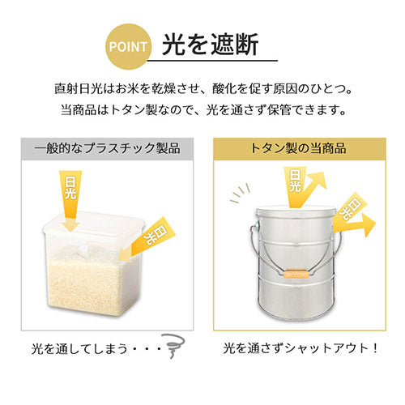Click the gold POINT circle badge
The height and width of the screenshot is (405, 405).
(129, 46)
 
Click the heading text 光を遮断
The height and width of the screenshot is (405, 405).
(211, 45)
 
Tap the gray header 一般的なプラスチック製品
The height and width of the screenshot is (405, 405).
(108, 149)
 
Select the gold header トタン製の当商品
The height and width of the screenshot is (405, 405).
(300, 149)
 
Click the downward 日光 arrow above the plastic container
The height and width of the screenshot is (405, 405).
(70, 200)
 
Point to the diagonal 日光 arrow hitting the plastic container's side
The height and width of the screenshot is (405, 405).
(147, 240)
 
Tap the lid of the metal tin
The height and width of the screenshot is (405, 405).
(296, 211)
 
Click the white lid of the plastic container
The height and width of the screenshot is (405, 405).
(94, 228)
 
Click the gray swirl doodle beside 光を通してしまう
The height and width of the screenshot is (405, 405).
(173, 346)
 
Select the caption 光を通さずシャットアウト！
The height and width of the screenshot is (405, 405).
(301, 348)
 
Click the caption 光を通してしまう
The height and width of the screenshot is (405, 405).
(79, 348)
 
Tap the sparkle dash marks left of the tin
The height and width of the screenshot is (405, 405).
(240, 194)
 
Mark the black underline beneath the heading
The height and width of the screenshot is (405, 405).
(212, 61)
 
